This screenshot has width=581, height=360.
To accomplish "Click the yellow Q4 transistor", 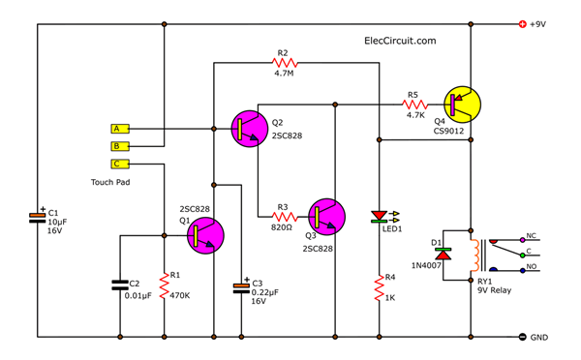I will (x=464, y=103).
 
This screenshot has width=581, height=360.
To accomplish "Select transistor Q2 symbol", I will (x=252, y=128).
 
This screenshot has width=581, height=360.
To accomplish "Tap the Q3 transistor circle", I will (x=327, y=216).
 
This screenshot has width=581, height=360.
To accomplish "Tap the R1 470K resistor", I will (x=163, y=285).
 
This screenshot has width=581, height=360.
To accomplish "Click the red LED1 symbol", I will (x=379, y=217).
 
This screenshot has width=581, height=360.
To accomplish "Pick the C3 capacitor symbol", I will (x=240, y=286).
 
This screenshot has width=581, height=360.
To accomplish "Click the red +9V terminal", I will (x=523, y=24).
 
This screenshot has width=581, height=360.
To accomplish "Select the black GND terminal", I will (x=523, y=337).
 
